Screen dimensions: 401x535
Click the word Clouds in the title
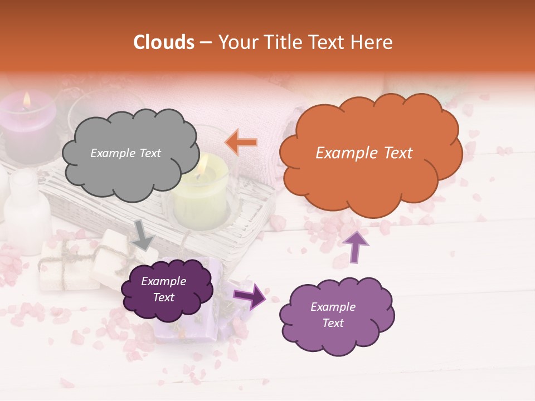click(x=164, y=42)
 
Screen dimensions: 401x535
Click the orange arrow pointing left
click(x=241, y=142)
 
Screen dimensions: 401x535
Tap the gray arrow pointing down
click(x=143, y=234)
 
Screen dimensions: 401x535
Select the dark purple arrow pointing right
click(x=250, y=296)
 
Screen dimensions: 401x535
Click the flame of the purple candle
click(x=26, y=100)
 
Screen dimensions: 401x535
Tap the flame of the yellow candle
click(x=203, y=164)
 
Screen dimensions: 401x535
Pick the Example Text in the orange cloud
click(x=364, y=153)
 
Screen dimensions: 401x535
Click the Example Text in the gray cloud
click(x=125, y=153)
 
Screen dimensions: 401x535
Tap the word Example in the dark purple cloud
click(x=163, y=281)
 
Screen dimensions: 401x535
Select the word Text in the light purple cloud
click(x=333, y=323)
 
